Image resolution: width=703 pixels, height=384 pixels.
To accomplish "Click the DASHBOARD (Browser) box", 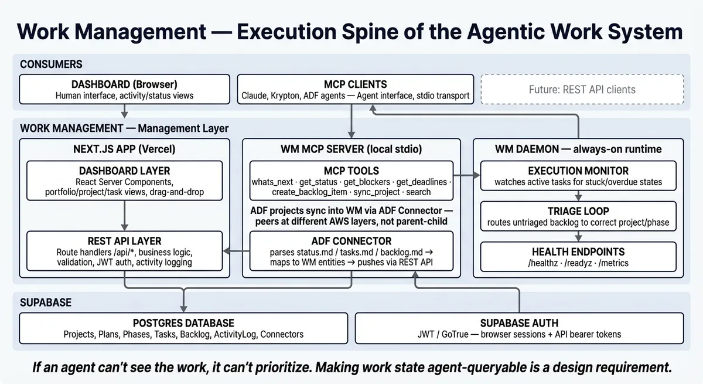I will (124, 90).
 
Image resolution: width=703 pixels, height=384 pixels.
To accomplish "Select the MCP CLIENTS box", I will (356, 90).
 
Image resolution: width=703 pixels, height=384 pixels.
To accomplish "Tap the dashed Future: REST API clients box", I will (582, 90).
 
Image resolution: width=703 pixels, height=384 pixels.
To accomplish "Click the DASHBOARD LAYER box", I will (125, 181).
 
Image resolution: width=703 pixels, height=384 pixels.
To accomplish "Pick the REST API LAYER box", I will (125, 251).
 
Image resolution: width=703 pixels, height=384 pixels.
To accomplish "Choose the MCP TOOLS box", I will (351, 181).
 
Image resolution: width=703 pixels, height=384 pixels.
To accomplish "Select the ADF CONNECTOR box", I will (351, 251).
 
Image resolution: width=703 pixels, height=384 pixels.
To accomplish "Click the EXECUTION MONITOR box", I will (578, 176).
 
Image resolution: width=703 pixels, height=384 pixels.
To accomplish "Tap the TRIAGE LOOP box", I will (578, 216).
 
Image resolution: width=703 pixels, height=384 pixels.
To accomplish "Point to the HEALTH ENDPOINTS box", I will (578, 257).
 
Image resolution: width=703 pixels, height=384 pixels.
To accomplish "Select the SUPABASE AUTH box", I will (519, 328).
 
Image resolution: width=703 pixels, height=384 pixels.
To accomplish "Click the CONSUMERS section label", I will (51, 64).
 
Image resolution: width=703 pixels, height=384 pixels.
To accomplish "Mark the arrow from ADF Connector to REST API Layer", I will (237, 251).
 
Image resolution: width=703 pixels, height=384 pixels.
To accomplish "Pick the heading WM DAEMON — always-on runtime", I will (578, 149).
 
